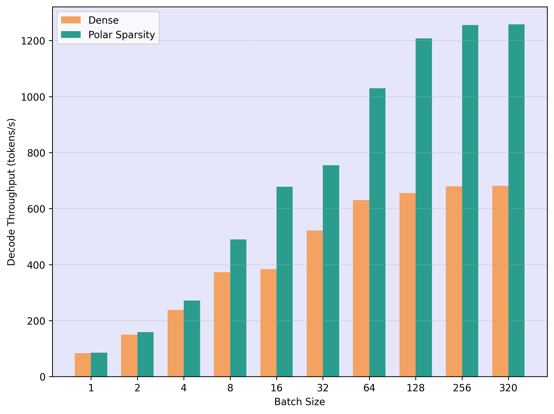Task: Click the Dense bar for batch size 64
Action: [x=361, y=288]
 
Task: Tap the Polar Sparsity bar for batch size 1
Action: [x=99, y=365]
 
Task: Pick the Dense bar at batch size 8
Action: [x=222, y=324]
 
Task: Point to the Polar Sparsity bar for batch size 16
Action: [x=284, y=282]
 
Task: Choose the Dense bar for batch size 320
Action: [x=500, y=281]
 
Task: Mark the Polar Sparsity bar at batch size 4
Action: [x=192, y=339]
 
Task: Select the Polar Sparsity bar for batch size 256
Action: [x=470, y=201]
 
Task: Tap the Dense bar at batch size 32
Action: [x=314, y=304]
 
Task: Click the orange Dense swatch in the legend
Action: [x=71, y=20]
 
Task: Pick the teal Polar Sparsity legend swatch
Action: [x=71, y=35]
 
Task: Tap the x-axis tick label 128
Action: [x=416, y=388]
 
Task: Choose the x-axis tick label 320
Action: [x=508, y=388]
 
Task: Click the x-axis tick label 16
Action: [x=276, y=388]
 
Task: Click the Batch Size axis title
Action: [x=299, y=402]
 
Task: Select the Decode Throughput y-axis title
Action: [x=11, y=192]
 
